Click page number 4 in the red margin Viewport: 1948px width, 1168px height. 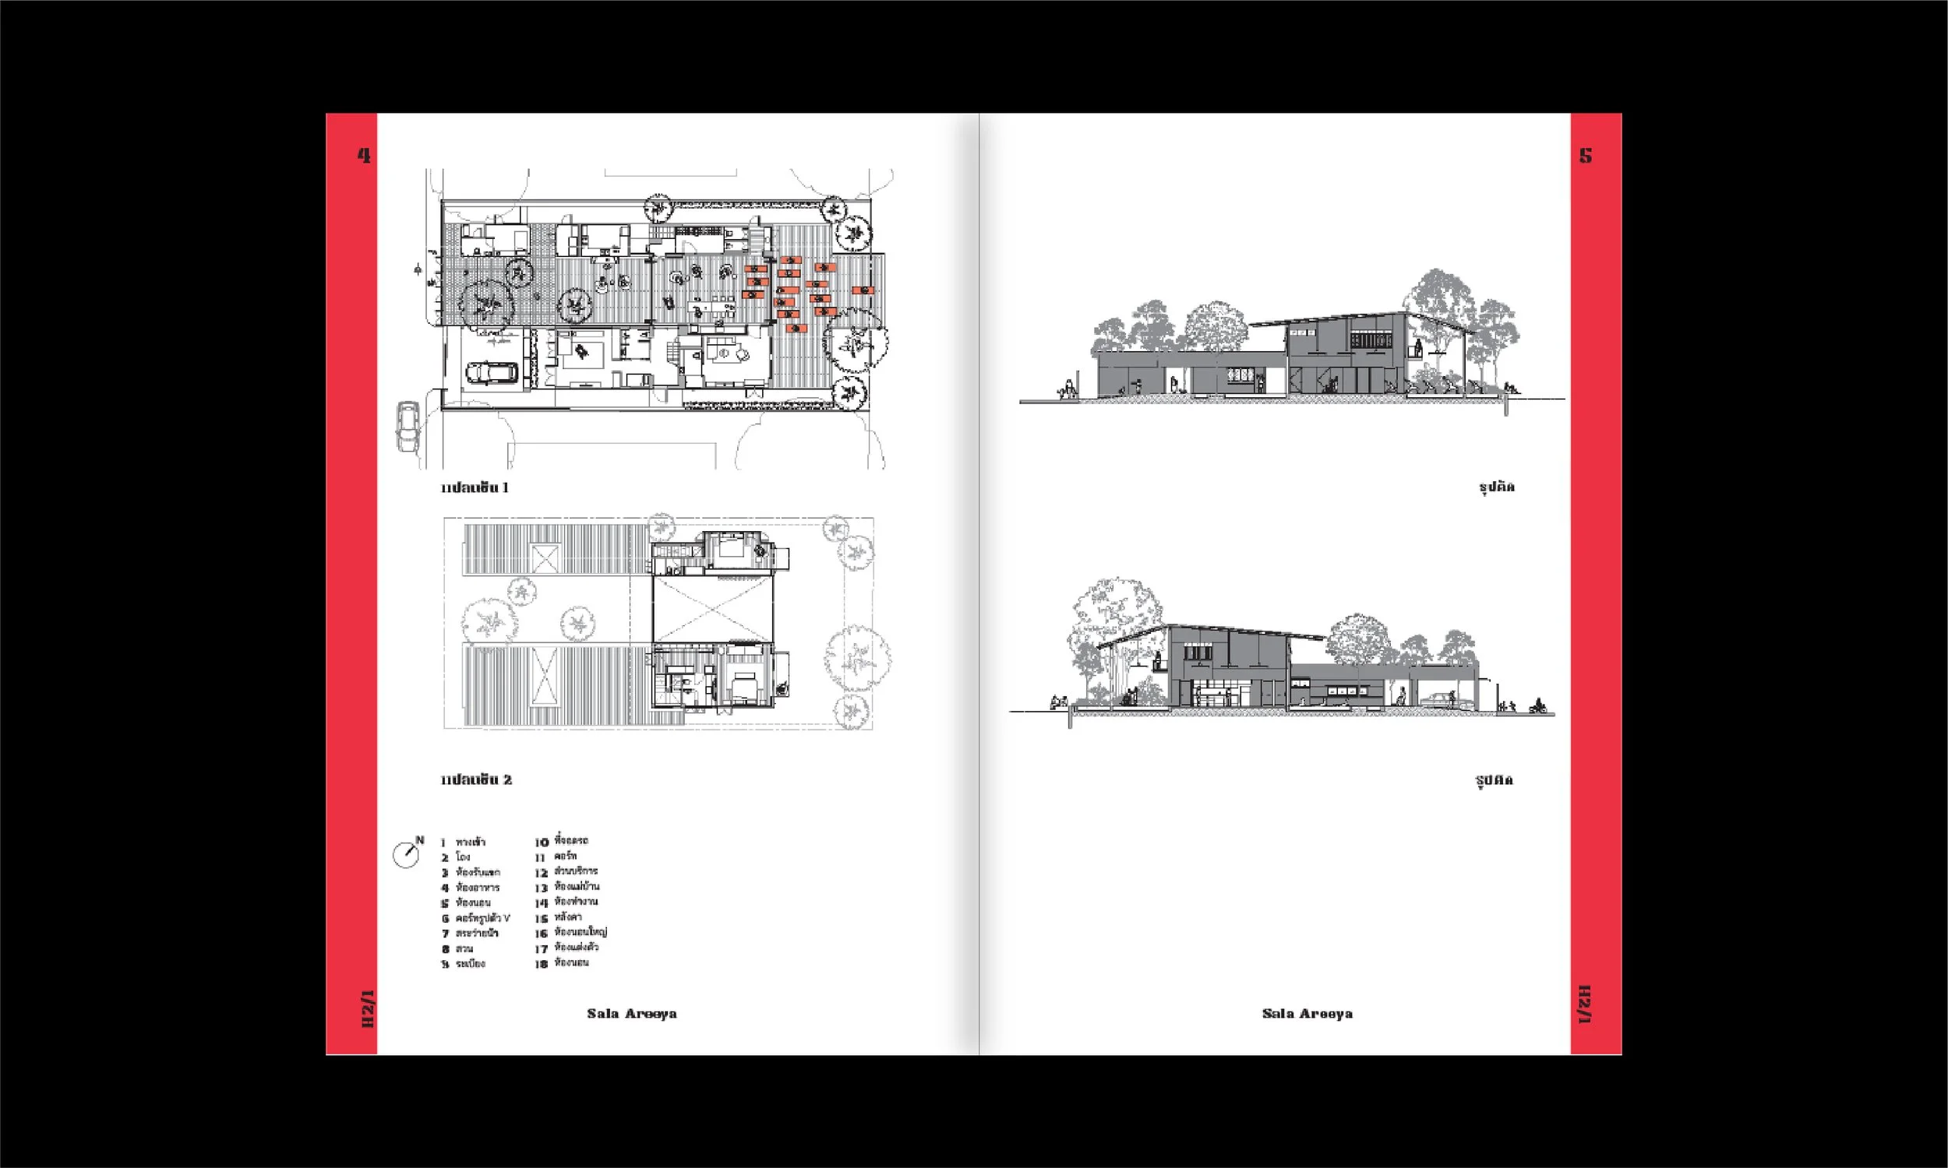(x=364, y=156)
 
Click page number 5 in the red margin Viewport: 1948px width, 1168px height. (x=1585, y=156)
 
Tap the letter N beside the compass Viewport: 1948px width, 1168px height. (x=420, y=840)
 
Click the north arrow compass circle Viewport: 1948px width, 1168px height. (x=405, y=856)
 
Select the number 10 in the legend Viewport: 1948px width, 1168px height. (x=542, y=843)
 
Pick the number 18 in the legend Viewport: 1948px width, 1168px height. (x=541, y=964)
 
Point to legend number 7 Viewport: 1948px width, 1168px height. (x=445, y=934)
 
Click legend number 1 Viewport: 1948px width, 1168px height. (x=443, y=843)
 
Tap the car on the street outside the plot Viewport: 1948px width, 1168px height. (x=407, y=426)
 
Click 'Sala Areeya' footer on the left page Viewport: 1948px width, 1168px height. (x=631, y=1014)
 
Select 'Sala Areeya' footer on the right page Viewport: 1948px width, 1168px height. (x=1307, y=1014)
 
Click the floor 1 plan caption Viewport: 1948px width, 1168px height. (x=475, y=488)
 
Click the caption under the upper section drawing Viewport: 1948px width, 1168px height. (x=1496, y=487)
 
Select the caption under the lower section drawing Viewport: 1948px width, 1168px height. (x=1494, y=781)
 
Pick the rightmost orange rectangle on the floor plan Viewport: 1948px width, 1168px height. (x=864, y=290)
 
